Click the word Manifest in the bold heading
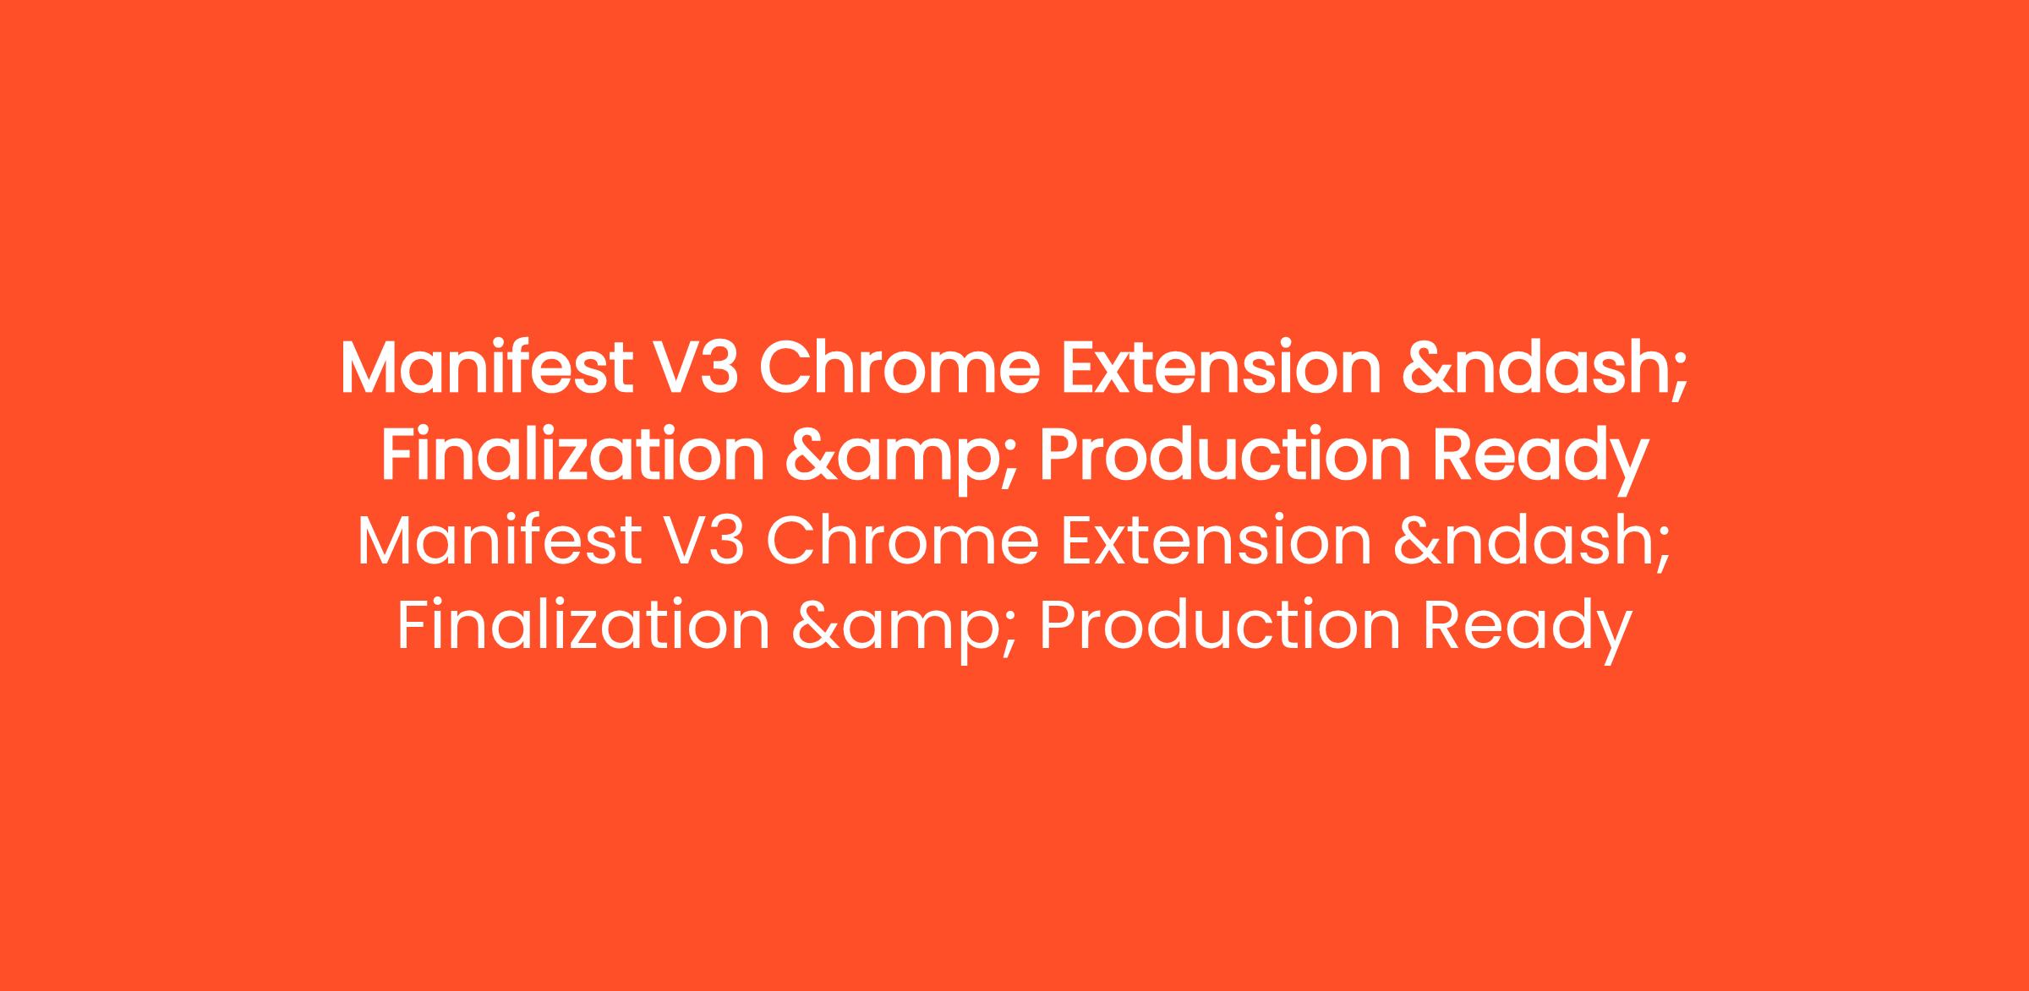coord(486,369)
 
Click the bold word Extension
coord(1220,369)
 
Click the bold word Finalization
coord(572,455)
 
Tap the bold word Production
coord(1224,455)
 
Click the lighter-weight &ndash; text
coord(1532,543)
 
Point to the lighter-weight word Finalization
coord(583,626)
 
